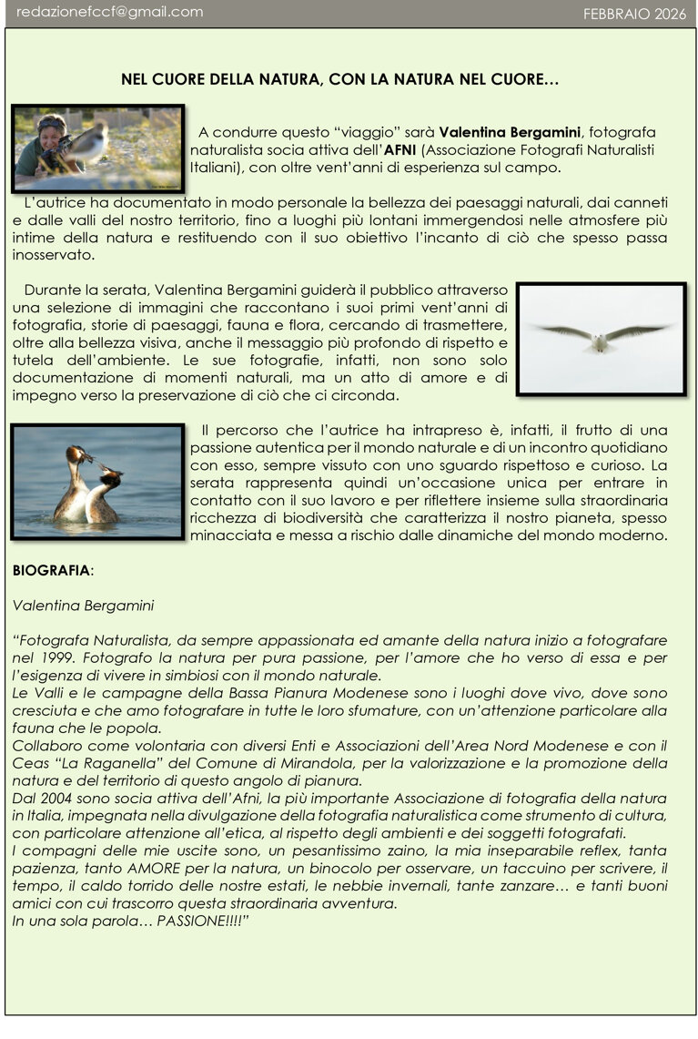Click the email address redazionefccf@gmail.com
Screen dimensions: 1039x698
(109, 12)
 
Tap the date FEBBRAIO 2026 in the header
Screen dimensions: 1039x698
(634, 13)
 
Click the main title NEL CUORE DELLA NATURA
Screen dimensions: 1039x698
(339, 80)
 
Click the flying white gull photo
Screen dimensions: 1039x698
(601, 339)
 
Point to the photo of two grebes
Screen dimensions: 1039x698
(98, 482)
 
